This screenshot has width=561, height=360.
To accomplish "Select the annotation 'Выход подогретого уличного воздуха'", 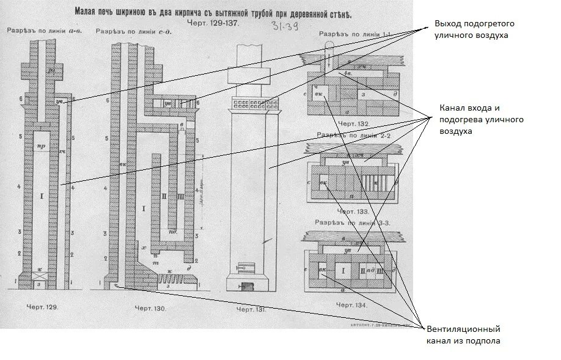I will coord(474,29).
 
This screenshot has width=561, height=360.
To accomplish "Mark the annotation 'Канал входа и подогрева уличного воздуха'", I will coord(480,120).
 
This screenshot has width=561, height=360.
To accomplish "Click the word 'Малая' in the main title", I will coord(88,11).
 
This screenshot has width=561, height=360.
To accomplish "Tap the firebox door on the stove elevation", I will coord(244,267).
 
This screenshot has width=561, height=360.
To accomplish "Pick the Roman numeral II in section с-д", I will coord(164,197).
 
